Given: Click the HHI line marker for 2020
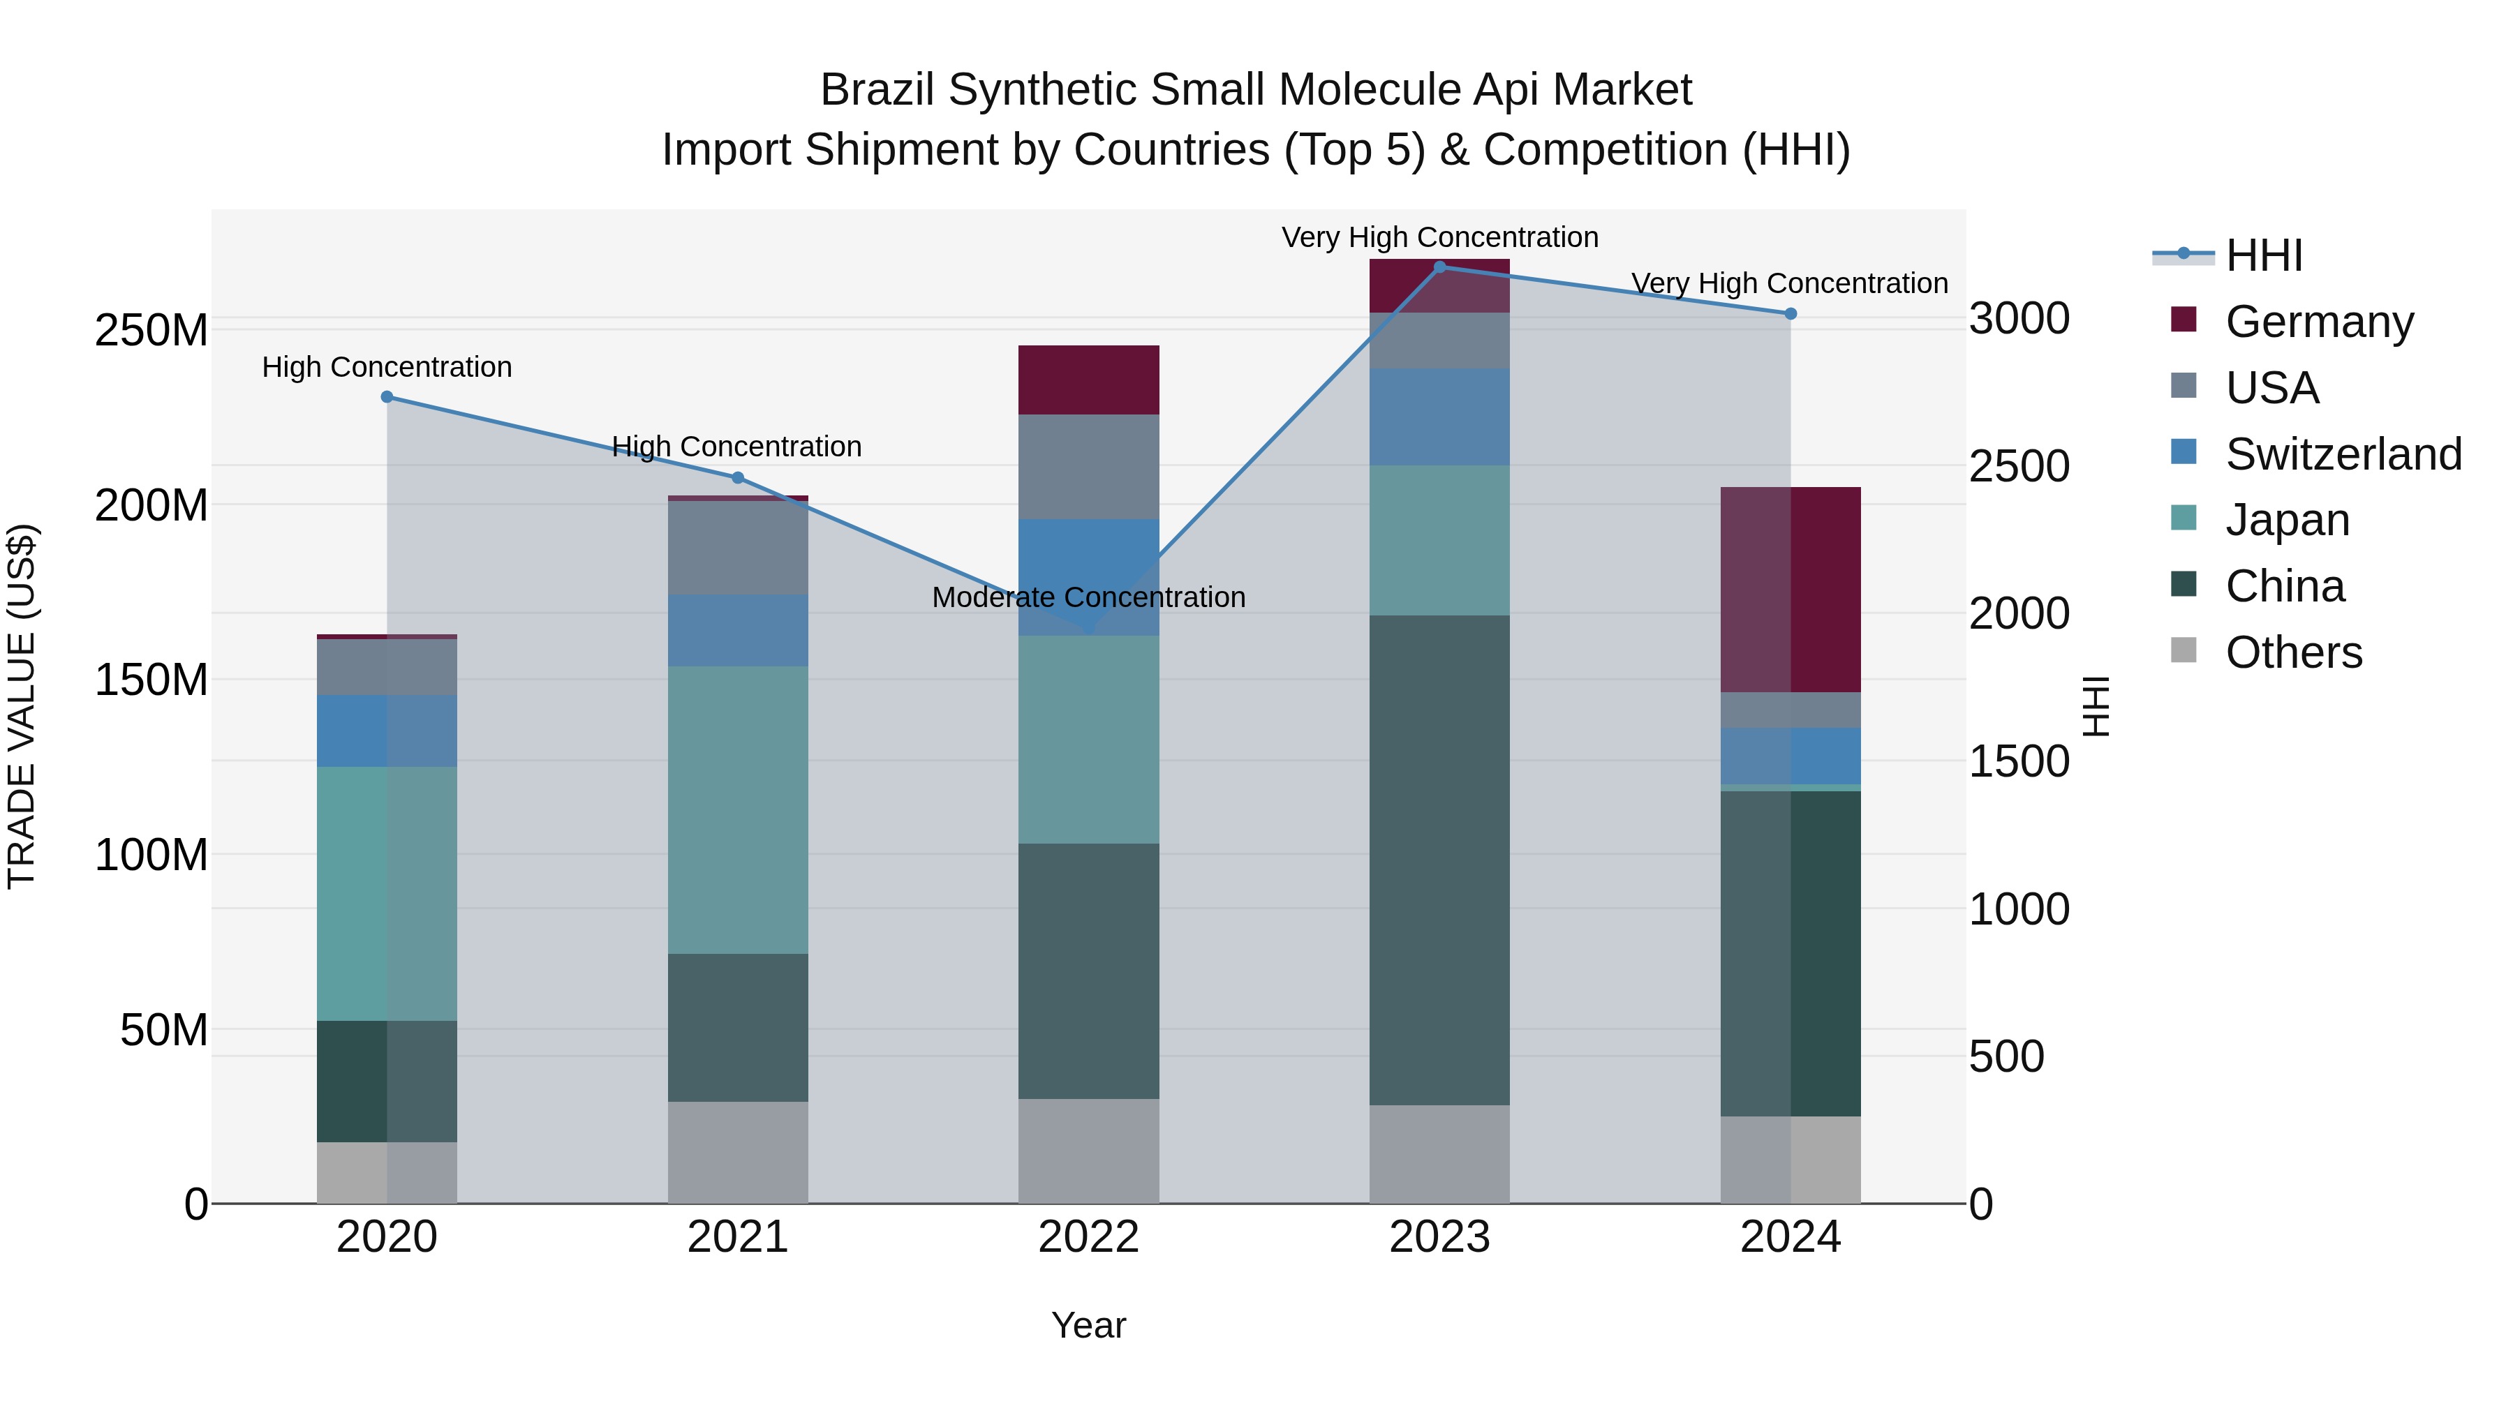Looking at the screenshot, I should coord(387,397).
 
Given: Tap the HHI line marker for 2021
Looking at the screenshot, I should coord(738,478).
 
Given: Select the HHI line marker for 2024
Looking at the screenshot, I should coord(1790,314).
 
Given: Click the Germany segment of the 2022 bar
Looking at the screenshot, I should coord(1089,380).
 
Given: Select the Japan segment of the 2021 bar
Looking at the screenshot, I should coord(738,809).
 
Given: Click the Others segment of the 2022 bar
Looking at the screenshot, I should coord(1089,1151).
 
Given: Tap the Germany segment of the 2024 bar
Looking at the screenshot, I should coord(1790,590).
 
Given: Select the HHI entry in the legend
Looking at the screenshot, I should coord(2263,255).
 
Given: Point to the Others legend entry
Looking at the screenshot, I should coord(2292,652).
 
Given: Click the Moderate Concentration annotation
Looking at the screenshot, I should coord(1089,597).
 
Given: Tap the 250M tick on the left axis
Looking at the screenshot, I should coord(151,331).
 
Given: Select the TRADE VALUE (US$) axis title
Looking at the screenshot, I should coord(22,706).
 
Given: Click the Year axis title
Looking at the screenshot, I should coord(1089,1325).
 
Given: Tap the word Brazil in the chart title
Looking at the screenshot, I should coord(879,91).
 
